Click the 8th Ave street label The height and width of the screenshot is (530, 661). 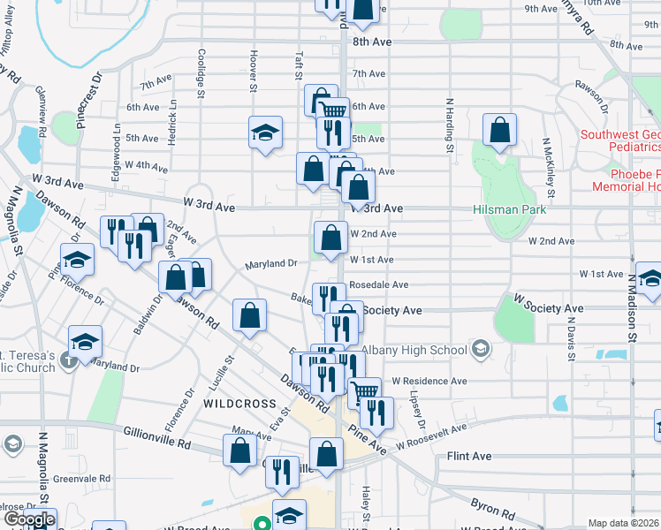[371, 42]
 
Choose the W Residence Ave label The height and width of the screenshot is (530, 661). [429, 381]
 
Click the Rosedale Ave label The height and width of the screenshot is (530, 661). [378, 285]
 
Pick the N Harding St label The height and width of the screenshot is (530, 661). [450, 124]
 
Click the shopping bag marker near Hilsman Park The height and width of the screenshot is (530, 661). [500, 129]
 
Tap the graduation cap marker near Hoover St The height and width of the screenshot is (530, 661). [265, 133]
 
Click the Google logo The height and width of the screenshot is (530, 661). [28, 519]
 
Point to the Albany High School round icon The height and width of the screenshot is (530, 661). [480, 349]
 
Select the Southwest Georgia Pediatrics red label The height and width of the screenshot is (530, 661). [621, 140]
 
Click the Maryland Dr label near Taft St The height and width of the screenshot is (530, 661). [271, 263]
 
